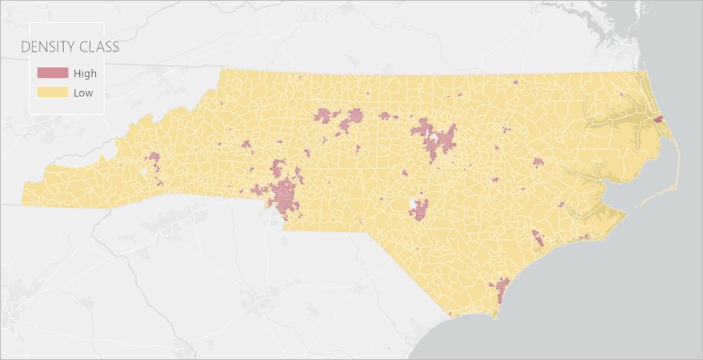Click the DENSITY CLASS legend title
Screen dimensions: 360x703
tap(70, 47)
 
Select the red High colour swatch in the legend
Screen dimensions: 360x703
tap(49, 73)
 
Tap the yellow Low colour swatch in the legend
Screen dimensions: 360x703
tap(49, 93)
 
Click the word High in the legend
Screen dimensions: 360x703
tap(85, 73)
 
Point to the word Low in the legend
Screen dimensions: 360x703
tap(83, 93)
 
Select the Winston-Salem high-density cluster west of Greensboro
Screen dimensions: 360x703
tap(324, 116)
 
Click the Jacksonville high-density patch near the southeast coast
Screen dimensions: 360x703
tap(537, 237)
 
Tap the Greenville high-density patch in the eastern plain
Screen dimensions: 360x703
tap(538, 162)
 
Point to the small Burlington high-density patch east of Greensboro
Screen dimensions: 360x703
tap(385, 116)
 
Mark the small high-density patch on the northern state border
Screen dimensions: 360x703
tap(514, 82)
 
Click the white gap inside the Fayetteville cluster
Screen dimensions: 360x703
tap(414, 203)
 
